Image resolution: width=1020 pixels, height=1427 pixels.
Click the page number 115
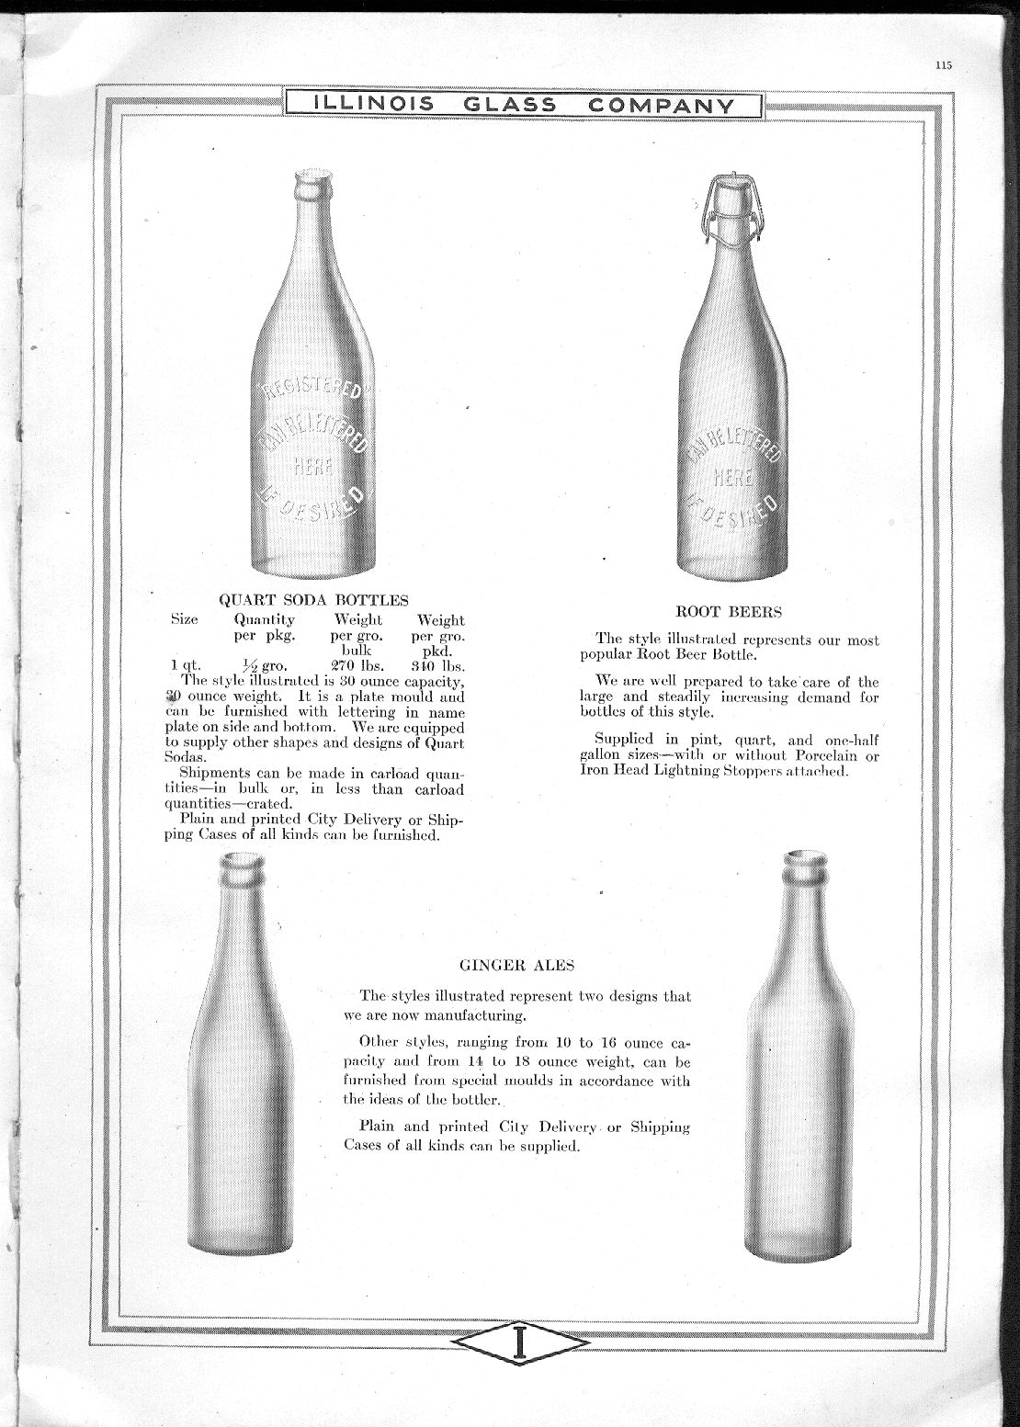pos(942,64)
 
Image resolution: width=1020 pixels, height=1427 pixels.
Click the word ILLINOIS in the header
pos(374,105)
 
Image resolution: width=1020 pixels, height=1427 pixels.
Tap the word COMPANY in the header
pos(662,105)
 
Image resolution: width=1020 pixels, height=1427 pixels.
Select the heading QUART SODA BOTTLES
pos(313,600)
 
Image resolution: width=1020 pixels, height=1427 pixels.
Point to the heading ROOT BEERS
pos(729,610)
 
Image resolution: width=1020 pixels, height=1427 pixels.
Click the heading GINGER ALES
pos(516,965)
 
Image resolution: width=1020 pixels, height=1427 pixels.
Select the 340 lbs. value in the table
pos(438,665)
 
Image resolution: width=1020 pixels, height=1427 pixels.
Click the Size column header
pos(185,619)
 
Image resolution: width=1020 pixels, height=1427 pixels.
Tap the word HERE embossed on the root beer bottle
pos(733,477)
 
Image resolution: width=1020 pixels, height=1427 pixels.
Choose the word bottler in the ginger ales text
pos(473,1099)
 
